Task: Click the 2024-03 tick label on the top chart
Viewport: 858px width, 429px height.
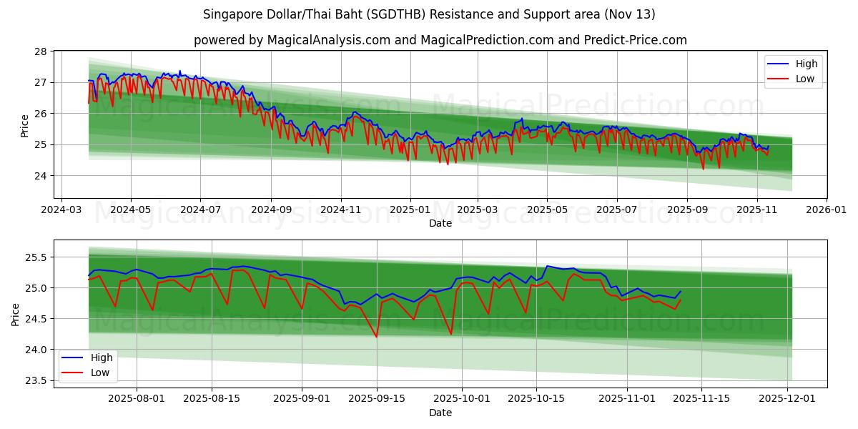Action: [61, 210]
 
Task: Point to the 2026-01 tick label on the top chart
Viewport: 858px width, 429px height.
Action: [827, 210]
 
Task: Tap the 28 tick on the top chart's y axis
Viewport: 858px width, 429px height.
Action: [40, 51]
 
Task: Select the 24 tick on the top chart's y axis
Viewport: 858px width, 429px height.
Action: [40, 175]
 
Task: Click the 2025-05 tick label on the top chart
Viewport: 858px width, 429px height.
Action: [547, 210]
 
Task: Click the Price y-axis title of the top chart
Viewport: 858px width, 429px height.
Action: [24, 125]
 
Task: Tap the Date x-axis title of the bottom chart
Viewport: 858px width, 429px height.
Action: [440, 413]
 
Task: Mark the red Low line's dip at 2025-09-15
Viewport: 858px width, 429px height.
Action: [376, 337]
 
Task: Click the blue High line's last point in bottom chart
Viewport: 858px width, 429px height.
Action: [680, 291]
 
